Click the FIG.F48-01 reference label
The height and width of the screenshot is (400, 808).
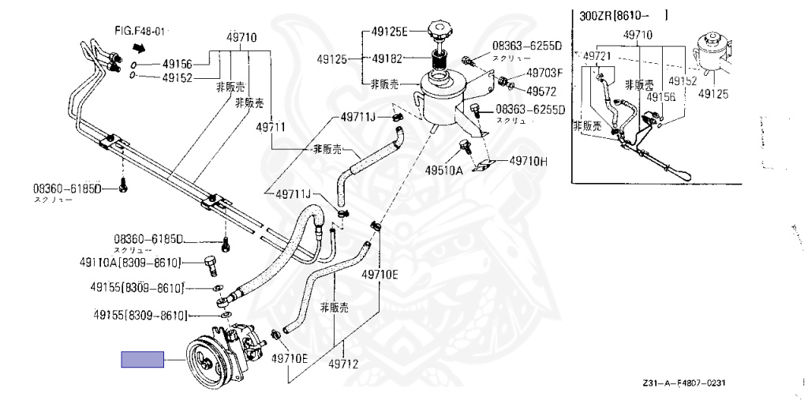pyautogui.click(x=140, y=31)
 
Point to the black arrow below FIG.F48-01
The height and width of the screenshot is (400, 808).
pyautogui.click(x=140, y=47)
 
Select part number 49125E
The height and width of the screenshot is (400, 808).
pyautogui.click(x=389, y=32)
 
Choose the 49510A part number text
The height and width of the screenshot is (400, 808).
pyautogui.click(x=443, y=170)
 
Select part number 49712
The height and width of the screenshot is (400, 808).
pyautogui.click(x=343, y=364)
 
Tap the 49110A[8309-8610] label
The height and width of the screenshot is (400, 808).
pyautogui.click(x=130, y=262)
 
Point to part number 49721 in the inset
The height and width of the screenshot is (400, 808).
pyautogui.click(x=600, y=56)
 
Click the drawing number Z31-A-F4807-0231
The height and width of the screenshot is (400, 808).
pyautogui.click(x=683, y=383)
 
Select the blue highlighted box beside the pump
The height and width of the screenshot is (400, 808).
pyautogui.click(x=142, y=361)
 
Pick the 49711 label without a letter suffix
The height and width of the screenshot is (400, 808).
pyautogui.click(x=271, y=126)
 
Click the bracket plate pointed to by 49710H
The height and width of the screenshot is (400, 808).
pyautogui.click(x=483, y=166)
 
